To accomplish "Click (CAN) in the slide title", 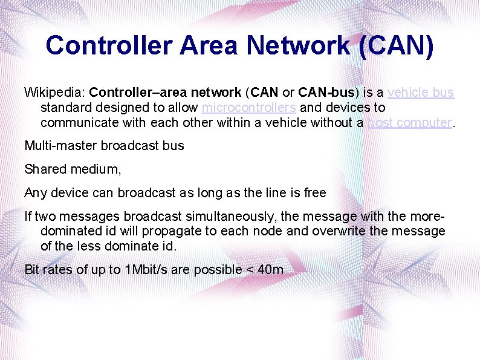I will coord(396,46).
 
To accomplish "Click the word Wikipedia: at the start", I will coord(54,93).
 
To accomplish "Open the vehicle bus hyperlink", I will coord(420,93).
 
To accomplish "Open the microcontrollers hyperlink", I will coord(248,108).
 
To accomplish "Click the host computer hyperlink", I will coord(409,122).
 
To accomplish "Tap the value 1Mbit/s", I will coord(146,269).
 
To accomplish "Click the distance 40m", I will coord(270,269).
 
